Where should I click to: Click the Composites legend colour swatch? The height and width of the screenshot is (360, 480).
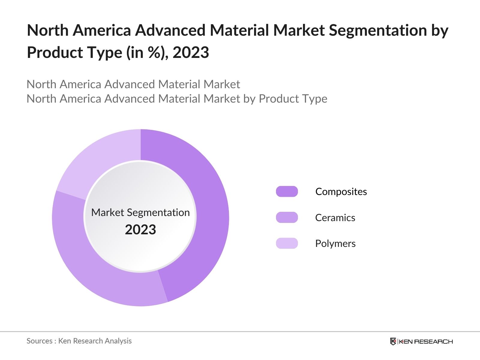coord(287,191)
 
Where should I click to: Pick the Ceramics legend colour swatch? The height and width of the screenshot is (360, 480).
coord(287,217)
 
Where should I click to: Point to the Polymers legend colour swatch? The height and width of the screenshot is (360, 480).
coord(287,243)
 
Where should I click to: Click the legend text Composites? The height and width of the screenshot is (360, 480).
coord(341,191)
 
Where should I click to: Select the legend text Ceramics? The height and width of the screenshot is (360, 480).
coord(335,217)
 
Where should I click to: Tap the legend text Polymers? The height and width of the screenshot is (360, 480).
coord(335,243)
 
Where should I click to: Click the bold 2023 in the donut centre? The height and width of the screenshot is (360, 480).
coord(140,229)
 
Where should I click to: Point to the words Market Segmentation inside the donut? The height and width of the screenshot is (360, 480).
coord(140,212)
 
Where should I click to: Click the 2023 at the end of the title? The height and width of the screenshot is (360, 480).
coord(191,52)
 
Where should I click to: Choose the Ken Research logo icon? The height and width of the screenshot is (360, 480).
coord(393,341)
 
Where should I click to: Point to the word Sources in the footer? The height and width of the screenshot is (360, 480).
coord(39,341)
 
